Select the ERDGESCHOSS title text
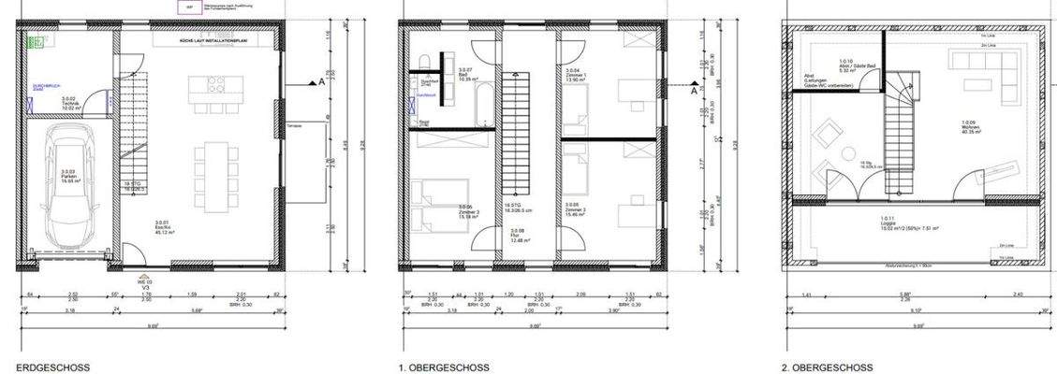pos(52,367)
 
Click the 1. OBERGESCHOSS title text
pos(444,367)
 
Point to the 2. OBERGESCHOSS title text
pos(827,367)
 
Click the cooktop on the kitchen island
pos(214,85)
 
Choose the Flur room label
pos(517,237)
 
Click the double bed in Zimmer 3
pos(433,209)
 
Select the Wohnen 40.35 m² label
pos(970,126)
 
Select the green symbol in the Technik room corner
pos(36,43)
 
